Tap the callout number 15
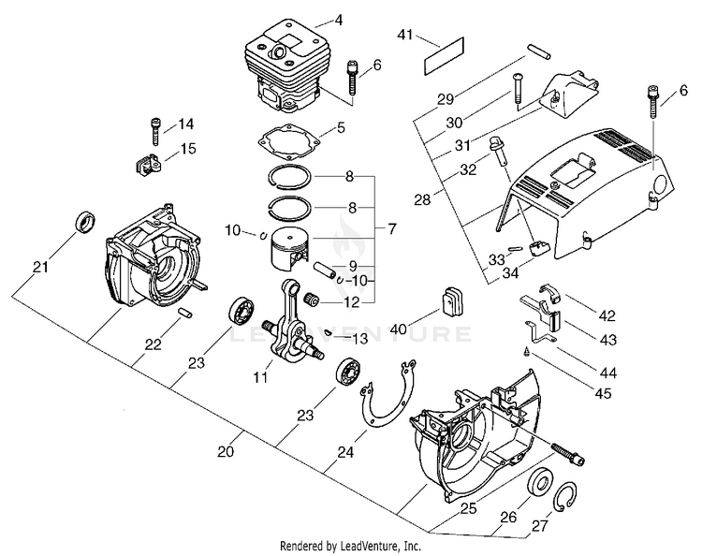187,148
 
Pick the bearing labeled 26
539,488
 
